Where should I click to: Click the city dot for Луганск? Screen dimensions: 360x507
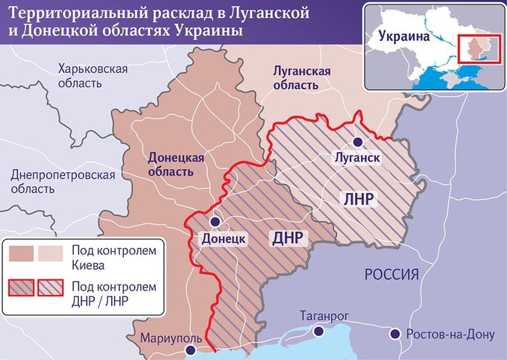[x=359, y=142]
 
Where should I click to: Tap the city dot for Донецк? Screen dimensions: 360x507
[x=215, y=222]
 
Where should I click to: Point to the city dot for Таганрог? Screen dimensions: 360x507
[x=319, y=332]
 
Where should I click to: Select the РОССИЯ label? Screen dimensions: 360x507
[x=391, y=274]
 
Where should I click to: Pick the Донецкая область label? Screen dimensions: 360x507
[x=176, y=165]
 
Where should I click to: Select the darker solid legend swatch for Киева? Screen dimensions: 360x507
[x=22, y=254]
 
